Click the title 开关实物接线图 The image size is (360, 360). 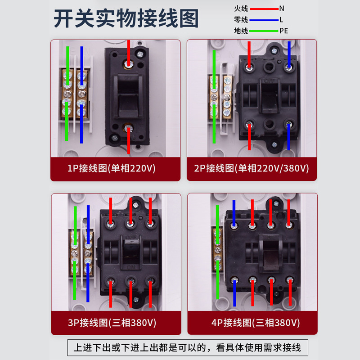click(126, 19)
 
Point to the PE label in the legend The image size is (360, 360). click(283, 31)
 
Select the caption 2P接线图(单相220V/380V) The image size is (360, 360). click(252, 169)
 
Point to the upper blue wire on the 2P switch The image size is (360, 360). click(288, 54)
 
